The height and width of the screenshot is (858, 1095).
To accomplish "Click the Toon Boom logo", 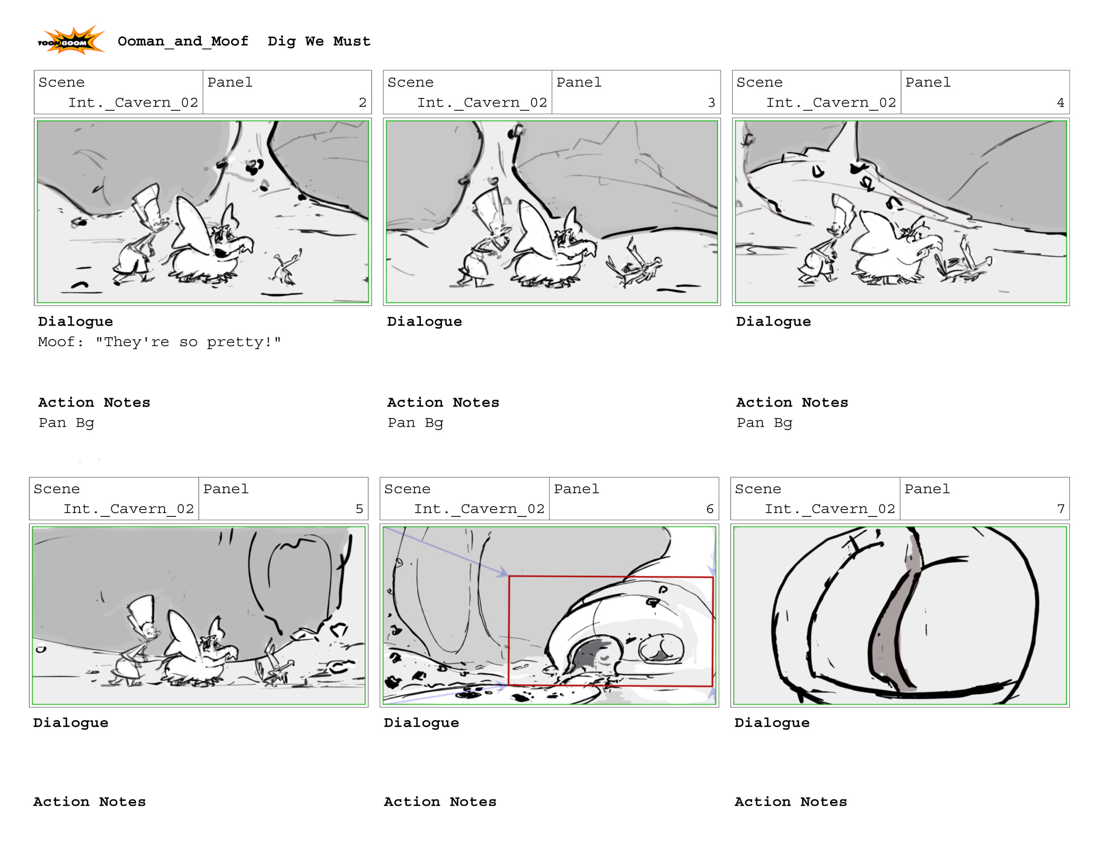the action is [71, 40].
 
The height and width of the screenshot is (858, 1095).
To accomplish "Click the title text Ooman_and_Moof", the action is [183, 41].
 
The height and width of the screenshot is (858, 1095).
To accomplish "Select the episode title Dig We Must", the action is [319, 41].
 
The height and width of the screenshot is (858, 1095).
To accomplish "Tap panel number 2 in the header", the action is [362, 103].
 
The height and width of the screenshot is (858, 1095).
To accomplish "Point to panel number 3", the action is [711, 103].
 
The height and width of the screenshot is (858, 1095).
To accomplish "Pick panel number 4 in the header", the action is [1060, 103].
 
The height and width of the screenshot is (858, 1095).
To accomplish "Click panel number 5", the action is [359, 509].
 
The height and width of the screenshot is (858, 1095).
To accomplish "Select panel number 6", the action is [710, 509].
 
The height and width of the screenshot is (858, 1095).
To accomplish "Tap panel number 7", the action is [1061, 509].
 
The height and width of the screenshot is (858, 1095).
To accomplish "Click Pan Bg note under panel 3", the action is [415, 423].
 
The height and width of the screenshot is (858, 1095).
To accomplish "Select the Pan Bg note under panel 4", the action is [764, 423].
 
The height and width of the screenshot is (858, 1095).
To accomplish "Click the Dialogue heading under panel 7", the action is [772, 723].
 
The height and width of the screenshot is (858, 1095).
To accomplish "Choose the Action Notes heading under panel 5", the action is [89, 802].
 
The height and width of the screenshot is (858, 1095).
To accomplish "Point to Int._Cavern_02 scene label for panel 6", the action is [479, 509].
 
